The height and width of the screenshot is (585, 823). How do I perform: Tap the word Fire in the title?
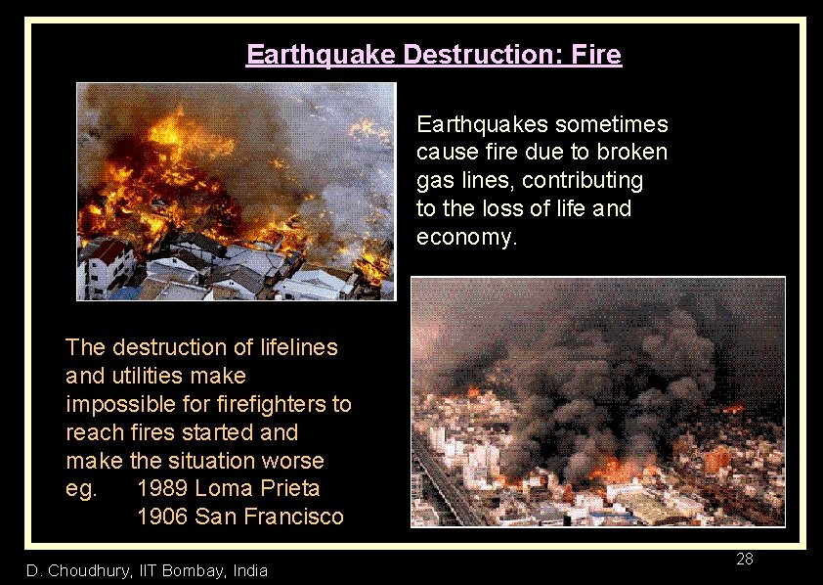coord(594,55)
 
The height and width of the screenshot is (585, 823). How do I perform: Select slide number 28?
coord(744,560)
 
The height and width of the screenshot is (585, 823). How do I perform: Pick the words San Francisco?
coord(270,517)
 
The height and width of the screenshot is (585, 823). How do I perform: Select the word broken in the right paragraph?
coord(632,153)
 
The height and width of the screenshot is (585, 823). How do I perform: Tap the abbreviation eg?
coord(81,488)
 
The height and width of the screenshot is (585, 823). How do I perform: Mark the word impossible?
coord(117,404)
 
